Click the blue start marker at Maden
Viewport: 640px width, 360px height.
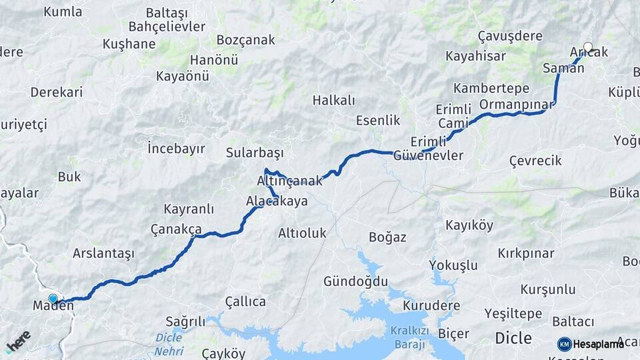pyautogui.click(x=53, y=298)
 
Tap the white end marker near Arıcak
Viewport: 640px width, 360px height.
pyautogui.click(x=587, y=47)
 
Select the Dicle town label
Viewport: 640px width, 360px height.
pyautogui.click(x=513, y=338)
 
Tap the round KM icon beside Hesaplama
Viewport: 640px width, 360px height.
pyautogui.click(x=564, y=344)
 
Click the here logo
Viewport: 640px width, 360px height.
pyautogui.click(x=18, y=341)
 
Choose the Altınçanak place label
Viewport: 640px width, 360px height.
pyautogui.click(x=289, y=181)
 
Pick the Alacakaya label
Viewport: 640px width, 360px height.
pyautogui.click(x=277, y=200)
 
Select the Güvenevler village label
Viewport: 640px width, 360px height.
pyautogui.click(x=428, y=155)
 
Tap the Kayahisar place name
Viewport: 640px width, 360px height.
pyautogui.click(x=475, y=55)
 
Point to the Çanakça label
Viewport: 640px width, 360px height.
pyautogui.click(x=176, y=229)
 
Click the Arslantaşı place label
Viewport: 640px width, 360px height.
pyautogui.click(x=103, y=253)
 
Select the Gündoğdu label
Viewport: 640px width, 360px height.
pyautogui.click(x=355, y=281)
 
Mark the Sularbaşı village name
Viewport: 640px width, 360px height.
pyautogui.click(x=255, y=151)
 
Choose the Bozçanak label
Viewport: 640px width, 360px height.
pyautogui.click(x=245, y=40)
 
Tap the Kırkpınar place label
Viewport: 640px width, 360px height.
pyautogui.click(x=526, y=253)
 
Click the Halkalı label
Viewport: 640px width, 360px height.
pyautogui.click(x=333, y=100)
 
